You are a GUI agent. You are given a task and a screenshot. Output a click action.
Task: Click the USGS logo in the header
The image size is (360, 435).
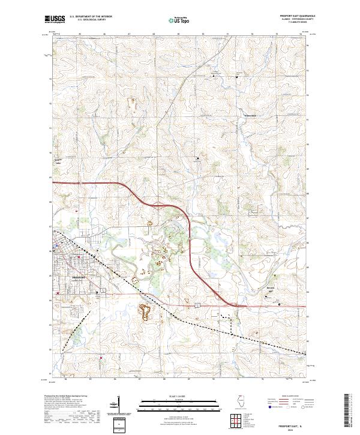coord(55,19)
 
